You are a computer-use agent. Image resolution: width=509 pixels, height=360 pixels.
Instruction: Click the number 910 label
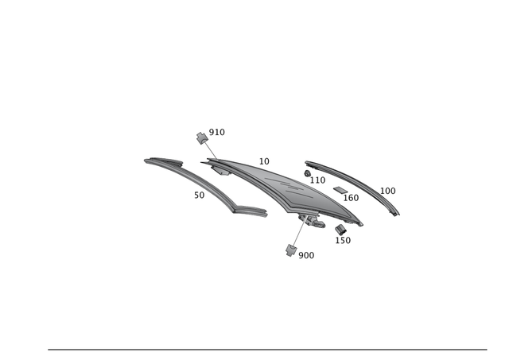(216, 133)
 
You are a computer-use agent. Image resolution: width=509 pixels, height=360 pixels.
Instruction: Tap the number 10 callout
(264, 161)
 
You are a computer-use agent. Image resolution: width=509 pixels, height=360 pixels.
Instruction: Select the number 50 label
(199, 195)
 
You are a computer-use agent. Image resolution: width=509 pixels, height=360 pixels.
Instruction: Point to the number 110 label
(317, 180)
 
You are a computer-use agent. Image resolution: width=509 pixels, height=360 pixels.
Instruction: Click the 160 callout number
(351, 198)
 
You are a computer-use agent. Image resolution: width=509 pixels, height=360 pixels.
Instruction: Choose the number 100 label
(387, 191)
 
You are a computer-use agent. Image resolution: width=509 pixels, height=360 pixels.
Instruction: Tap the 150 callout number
(343, 240)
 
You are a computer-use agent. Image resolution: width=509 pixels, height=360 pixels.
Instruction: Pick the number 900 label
(306, 256)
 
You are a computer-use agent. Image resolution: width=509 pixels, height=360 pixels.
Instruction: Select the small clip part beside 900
(290, 250)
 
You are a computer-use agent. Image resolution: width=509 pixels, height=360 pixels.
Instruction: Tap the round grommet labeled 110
(308, 172)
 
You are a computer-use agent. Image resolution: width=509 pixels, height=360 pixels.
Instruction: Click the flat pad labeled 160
(340, 190)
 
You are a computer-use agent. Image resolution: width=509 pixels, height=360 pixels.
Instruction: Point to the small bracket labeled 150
(340, 230)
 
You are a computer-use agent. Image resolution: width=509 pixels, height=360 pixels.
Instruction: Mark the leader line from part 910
(211, 149)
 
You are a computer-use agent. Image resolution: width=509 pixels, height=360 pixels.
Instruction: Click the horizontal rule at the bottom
(267, 349)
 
